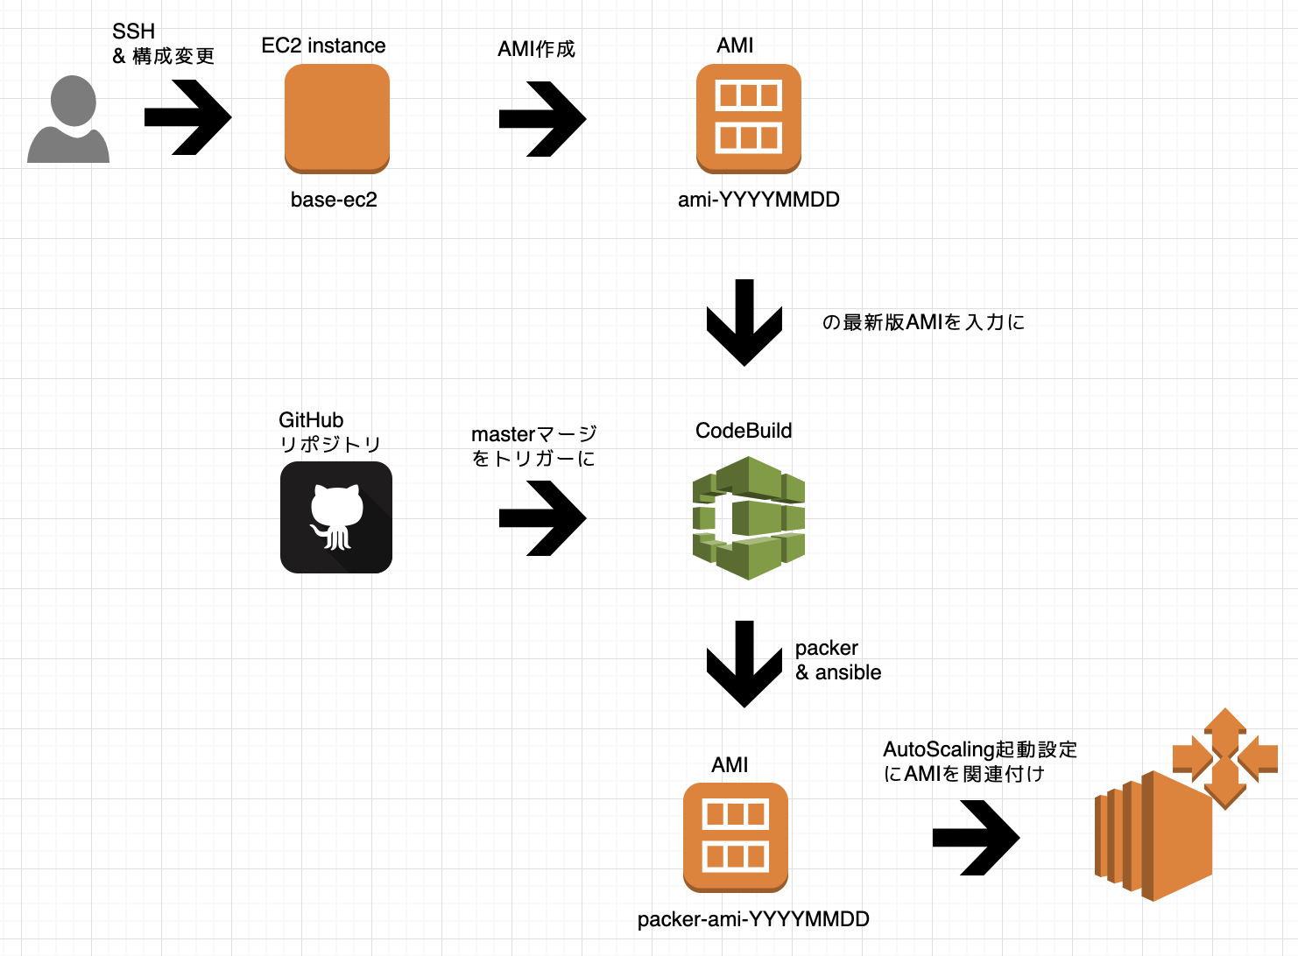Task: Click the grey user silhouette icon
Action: [68, 120]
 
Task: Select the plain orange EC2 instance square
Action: [337, 118]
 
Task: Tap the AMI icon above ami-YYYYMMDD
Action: [749, 118]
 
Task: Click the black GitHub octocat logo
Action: [336, 517]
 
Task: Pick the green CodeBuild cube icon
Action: [749, 518]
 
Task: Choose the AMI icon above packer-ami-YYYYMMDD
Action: [736, 837]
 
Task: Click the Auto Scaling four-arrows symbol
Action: [1224, 757]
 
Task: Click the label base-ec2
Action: [334, 200]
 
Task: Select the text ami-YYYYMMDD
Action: [758, 200]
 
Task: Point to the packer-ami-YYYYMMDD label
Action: [753, 919]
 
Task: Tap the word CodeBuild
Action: [744, 431]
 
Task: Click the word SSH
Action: [133, 32]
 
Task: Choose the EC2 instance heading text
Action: [323, 46]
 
